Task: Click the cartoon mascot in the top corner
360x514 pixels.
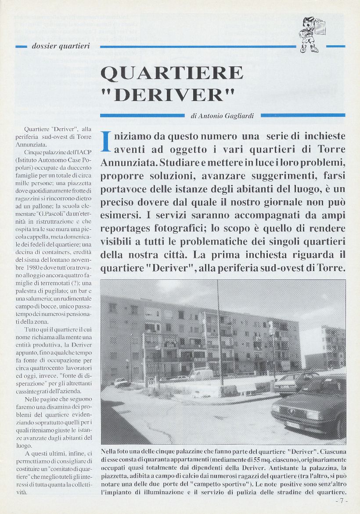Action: pos(310,35)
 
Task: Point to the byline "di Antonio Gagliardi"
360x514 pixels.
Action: pos(223,116)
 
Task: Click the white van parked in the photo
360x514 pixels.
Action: pos(201,374)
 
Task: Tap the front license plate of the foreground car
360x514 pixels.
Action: pos(292,425)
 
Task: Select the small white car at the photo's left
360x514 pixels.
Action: pos(121,382)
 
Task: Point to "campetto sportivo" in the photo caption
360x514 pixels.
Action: pos(218,484)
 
